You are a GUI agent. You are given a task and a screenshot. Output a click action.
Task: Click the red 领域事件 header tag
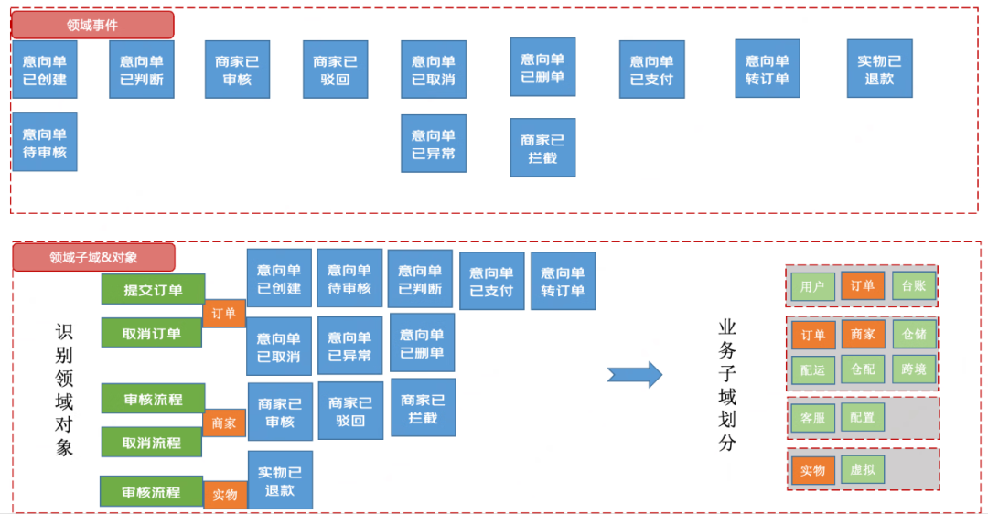point(92,25)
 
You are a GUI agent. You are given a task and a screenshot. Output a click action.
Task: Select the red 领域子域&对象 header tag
point(93,257)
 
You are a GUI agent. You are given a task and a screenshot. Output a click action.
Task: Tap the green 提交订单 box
point(153,290)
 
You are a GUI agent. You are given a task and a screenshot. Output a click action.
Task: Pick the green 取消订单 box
point(152,334)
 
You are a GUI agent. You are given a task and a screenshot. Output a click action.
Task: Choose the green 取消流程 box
point(152,443)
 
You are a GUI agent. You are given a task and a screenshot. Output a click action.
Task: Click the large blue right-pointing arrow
point(635,373)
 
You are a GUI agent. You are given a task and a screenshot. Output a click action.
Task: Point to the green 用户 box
point(812,286)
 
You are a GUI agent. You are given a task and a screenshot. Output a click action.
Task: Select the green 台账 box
point(914,286)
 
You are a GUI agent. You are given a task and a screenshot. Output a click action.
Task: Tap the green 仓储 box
point(914,335)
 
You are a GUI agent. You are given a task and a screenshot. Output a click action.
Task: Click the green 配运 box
point(812,369)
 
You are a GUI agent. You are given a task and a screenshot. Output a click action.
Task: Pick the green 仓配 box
point(863,369)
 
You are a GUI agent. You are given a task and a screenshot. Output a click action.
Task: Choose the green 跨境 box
point(914,369)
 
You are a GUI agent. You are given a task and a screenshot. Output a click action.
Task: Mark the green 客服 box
point(812,418)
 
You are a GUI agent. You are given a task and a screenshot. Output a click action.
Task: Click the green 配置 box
point(863,418)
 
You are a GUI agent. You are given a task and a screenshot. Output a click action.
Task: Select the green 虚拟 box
point(863,470)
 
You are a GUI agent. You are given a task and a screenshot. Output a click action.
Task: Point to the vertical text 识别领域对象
point(64,390)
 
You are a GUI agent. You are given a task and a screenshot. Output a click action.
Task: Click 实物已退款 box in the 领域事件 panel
point(879,70)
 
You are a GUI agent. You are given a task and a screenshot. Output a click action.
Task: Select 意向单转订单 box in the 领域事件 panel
point(768,70)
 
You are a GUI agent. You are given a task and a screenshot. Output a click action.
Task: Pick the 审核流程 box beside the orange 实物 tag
point(152,492)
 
